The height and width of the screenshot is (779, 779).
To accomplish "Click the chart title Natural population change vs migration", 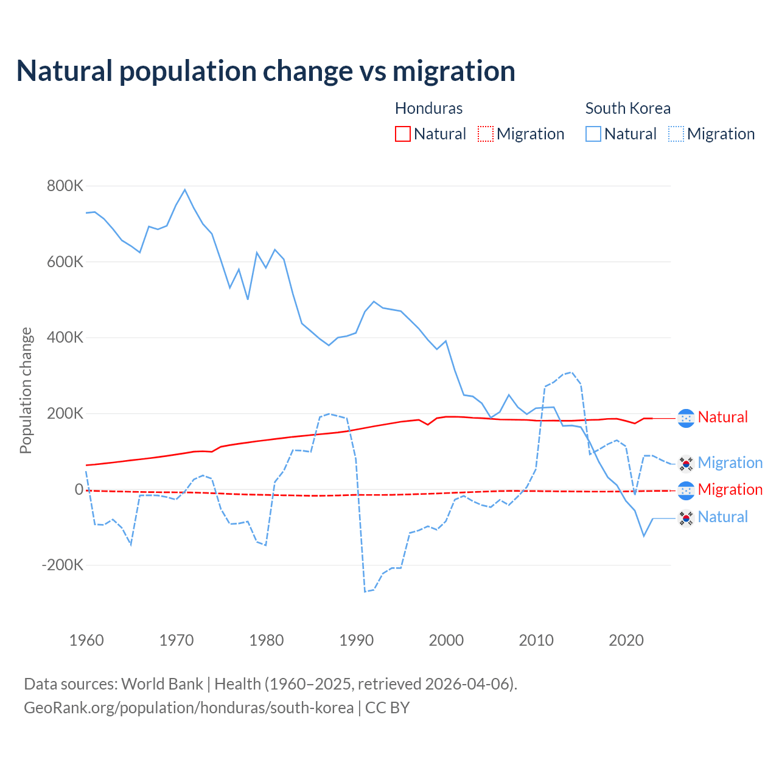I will click(x=266, y=71).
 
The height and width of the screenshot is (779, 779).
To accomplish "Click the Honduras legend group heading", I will click(x=428, y=108).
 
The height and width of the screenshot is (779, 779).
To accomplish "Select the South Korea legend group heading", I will click(x=627, y=108).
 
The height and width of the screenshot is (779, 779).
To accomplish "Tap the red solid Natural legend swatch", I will click(x=403, y=134).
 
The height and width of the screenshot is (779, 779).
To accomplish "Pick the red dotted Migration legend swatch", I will click(x=486, y=134).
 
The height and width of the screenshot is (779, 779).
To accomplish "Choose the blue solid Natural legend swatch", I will click(x=593, y=134).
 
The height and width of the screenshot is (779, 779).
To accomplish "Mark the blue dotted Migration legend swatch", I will click(x=676, y=134).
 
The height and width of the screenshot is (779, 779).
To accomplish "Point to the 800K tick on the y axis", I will click(x=65, y=186).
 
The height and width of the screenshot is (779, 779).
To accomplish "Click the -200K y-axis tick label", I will click(x=63, y=565).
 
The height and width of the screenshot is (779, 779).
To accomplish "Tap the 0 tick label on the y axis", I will click(x=79, y=489).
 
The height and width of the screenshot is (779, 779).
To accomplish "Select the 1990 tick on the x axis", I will click(x=357, y=640).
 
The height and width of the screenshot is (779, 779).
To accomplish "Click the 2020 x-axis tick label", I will click(x=626, y=640).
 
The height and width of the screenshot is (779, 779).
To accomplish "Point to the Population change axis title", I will click(x=26, y=390).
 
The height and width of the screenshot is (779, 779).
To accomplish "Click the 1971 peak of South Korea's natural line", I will click(x=185, y=190).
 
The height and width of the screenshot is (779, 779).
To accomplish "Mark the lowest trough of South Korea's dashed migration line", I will click(x=365, y=592).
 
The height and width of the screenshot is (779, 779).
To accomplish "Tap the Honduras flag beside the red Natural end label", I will click(x=686, y=418).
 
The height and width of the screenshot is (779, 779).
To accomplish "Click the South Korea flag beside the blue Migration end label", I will click(x=686, y=464).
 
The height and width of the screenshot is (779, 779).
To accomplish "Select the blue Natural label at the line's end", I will click(x=722, y=517).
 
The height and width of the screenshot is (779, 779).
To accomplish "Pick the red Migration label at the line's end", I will click(x=730, y=490).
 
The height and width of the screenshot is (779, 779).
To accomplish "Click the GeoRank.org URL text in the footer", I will click(x=189, y=708).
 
